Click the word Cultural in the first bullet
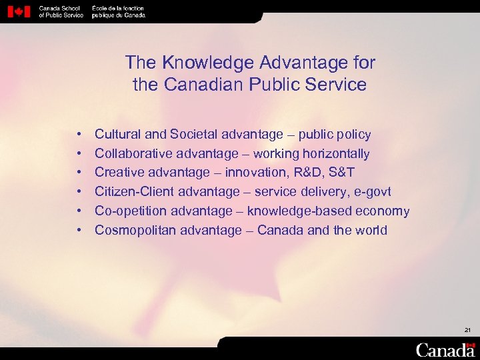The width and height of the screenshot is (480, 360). click(117, 135)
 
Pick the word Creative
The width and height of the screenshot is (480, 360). click(118, 173)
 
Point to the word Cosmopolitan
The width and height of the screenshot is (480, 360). click(133, 231)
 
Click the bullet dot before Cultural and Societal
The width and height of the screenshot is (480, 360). click(79, 135)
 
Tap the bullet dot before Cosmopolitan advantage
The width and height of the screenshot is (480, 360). click(79, 231)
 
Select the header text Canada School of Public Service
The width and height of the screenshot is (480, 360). click(61, 11)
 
